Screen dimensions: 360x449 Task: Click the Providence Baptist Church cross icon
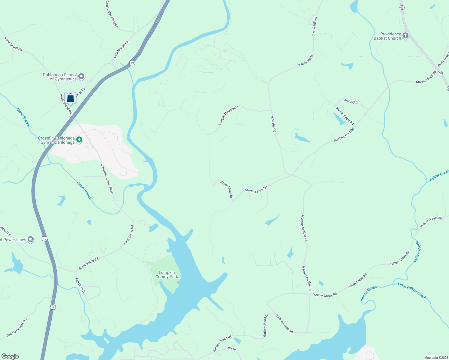point(405,36)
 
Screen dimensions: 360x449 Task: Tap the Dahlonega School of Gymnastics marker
point(81,77)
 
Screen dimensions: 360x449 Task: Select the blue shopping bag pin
point(70,98)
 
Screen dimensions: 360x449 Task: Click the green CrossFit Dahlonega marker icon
point(79,140)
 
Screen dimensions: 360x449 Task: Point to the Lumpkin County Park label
point(167,274)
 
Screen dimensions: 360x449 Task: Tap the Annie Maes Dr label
point(227,189)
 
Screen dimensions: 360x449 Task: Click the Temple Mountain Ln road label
point(230,115)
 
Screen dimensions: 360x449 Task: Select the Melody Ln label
point(351,101)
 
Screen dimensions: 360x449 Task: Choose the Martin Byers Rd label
point(345,116)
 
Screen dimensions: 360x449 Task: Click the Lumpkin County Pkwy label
point(107,179)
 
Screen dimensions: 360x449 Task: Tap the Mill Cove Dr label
point(80,286)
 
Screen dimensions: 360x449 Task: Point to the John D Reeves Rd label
point(17,328)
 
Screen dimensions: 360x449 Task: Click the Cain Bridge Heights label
point(112,14)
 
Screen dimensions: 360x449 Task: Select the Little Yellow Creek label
point(412,290)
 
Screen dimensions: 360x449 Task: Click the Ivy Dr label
point(232,349)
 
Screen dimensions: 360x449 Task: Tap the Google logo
point(10,356)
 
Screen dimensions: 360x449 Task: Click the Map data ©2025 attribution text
point(436,358)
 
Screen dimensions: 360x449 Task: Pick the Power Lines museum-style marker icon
point(31,239)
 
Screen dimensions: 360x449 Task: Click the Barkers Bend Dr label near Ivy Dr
point(222,343)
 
